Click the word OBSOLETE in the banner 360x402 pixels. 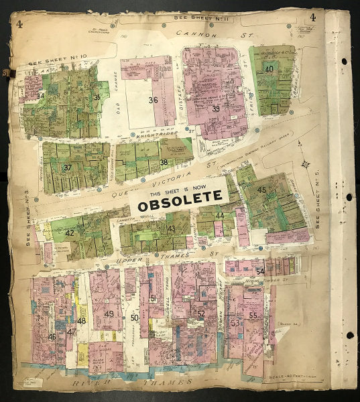180,198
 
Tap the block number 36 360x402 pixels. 153,100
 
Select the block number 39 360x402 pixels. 216,109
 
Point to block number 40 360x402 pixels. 269,69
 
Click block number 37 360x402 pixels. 67,167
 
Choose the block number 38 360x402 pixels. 164,162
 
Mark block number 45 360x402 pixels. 262,190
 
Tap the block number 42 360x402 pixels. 69,232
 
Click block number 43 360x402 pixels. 171,228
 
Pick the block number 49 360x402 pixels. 109,314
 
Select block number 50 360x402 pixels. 134,317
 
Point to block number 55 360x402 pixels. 253,315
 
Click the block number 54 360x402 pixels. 259,271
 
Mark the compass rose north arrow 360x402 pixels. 305,163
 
